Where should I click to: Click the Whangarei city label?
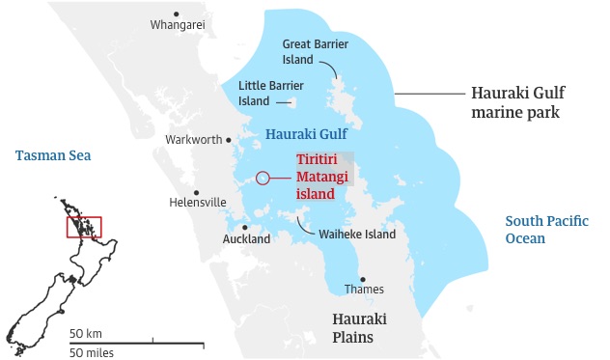tap(178, 26)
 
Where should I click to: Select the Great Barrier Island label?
tap(316, 51)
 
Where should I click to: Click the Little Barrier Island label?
tap(266, 93)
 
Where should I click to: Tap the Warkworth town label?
tap(192, 140)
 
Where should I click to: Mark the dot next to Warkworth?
tap(229, 140)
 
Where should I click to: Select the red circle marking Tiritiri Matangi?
tap(262, 178)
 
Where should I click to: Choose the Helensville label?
tap(197, 203)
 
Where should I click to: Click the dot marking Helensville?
tap(196, 191)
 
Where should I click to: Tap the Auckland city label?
tap(246, 238)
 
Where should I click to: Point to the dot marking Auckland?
tap(246, 228)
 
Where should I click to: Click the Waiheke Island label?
tap(357, 235)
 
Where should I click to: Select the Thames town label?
tap(364, 289)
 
